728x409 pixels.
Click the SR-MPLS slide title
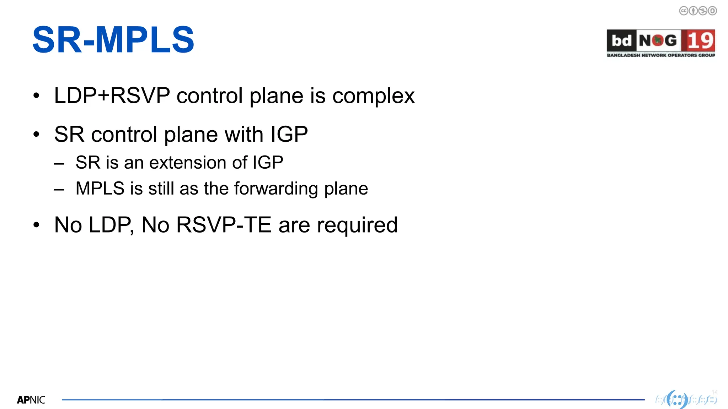[113, 40]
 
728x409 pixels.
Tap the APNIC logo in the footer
[31, 400]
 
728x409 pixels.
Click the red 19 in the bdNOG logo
[700, 40]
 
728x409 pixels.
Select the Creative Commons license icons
[698, 11]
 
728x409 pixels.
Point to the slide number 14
[714, 392]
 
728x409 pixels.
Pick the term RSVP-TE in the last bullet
[224, 225]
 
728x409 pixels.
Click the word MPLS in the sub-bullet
[100, 189]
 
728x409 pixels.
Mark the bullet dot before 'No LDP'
[36, 225]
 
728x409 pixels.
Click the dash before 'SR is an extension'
[59, 164]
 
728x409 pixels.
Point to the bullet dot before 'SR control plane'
[36, 134]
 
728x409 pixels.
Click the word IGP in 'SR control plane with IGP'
[289, 135]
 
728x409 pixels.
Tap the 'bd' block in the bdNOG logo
[621, 41]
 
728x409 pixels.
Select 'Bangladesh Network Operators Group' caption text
[661, 55]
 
